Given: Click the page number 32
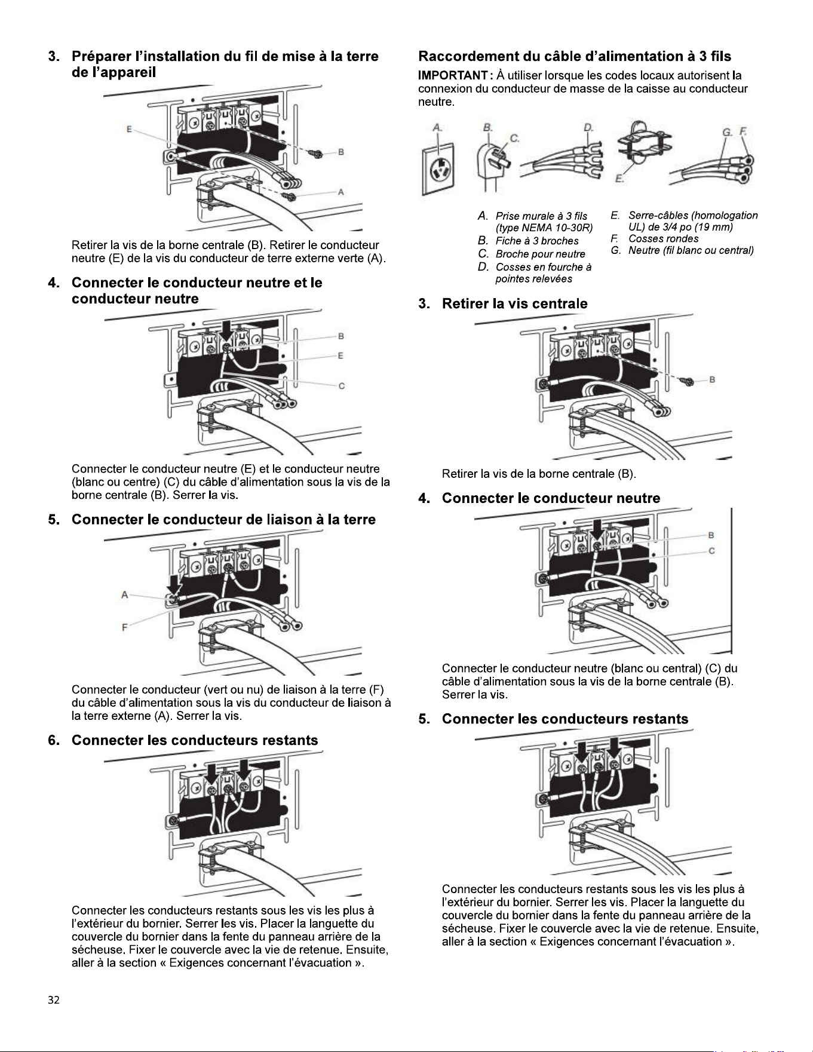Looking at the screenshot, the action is click(x=54, y=1001).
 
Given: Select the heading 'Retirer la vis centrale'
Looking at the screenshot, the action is click(x=514, y=303).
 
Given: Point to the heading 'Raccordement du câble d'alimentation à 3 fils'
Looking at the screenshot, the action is click(x=575, y=56).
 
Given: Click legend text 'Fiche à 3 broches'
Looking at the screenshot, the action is click(x=537, y=241).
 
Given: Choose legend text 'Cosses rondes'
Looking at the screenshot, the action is click(x=663, y=238).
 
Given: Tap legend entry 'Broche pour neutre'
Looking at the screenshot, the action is click(x=541, y=254).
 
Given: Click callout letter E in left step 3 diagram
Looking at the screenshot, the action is click(x=129, y=128).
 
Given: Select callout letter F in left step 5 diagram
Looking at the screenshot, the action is click(x=124, y=627).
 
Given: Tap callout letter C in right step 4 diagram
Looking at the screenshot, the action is click(x=711, y=551).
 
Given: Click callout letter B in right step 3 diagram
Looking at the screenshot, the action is click(x=712, y=379).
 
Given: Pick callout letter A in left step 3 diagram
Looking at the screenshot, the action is click(x=341, y=192).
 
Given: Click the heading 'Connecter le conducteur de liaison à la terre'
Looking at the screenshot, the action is click(x=223, y=520).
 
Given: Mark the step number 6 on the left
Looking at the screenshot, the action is click(x=54, y=741).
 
